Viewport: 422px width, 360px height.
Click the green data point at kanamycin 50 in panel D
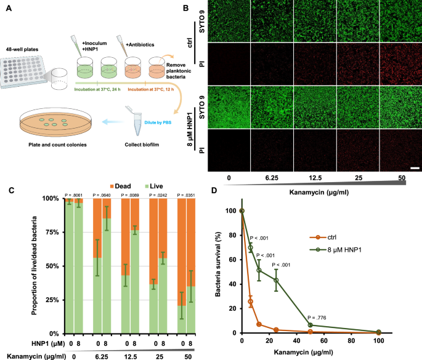[310, 325]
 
